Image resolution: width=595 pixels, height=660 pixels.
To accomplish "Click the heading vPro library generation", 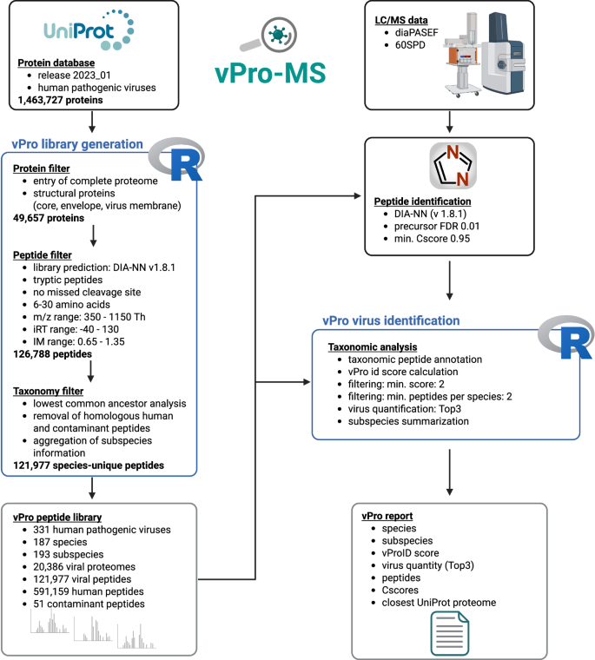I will [76, 144].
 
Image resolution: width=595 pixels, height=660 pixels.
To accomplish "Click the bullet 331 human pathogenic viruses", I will [98, 530].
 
